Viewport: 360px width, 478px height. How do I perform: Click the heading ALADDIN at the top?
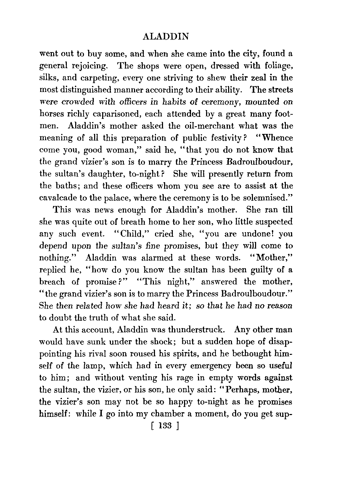click(x=166, y=37)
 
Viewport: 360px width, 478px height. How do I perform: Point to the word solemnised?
click(x=267, y=198)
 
